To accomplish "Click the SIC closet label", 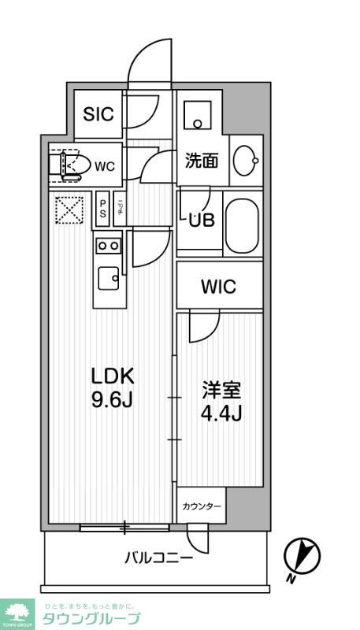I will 98,113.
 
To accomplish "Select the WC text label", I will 106,165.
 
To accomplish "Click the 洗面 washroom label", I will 201,161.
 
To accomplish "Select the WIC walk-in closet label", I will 217,287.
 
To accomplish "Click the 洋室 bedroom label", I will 221,389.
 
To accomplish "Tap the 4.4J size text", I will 221,412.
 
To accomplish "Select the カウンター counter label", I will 201,506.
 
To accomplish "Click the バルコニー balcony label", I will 158,558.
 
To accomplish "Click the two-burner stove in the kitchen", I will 109,246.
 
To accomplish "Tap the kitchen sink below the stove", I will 108,278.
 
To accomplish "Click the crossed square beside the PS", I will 69,209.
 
